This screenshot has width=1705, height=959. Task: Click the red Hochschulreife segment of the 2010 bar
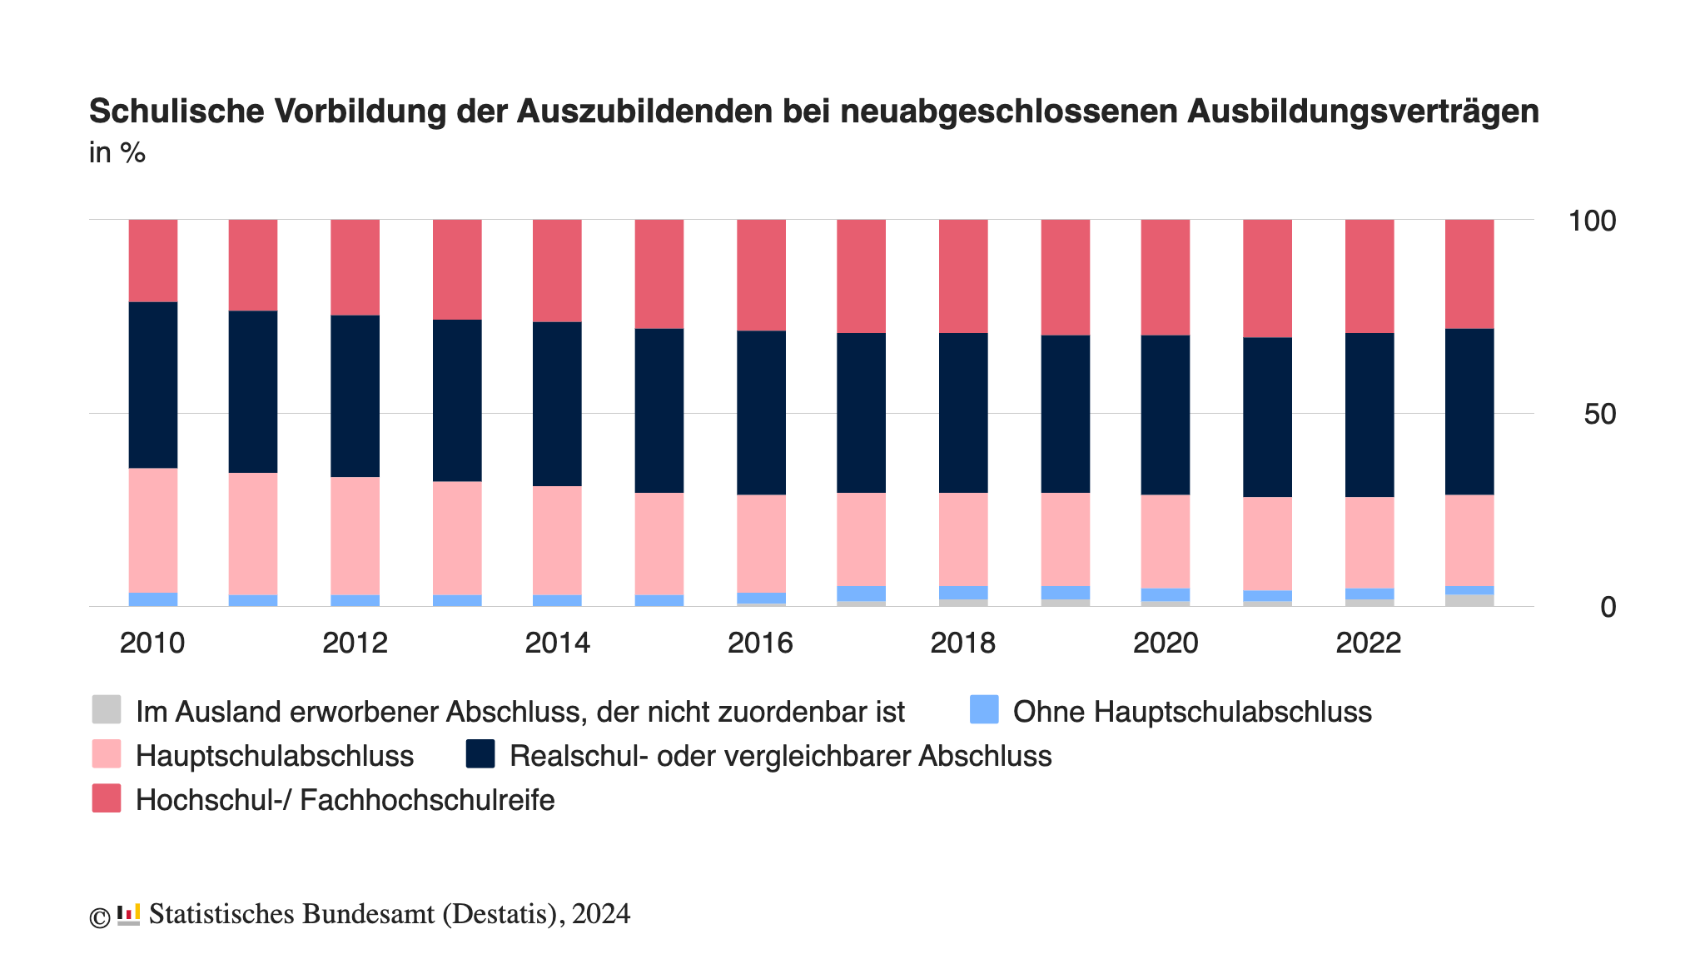click(x=153, y=260)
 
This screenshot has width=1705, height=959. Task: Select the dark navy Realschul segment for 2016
click(x=761, y=412)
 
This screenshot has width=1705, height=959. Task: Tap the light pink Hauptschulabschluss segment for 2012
click(x=355, y=535)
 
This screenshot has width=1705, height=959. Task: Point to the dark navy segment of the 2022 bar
click(x=1369, y=415)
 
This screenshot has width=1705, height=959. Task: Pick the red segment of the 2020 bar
click(x=1166, y=277)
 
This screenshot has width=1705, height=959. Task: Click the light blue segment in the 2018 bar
click(x=963, y=592)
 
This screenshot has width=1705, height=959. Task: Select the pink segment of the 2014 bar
click(x=557, y=539)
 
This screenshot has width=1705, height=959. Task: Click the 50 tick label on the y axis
click(x=1598, y=414)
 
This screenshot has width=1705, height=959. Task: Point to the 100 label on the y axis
click(x=1591, y=221)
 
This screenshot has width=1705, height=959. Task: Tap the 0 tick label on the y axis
click(x=1608, y=607)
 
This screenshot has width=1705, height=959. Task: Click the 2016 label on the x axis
click(x=760, y=643)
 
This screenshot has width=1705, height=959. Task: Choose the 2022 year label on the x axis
click(x=1369, y=643)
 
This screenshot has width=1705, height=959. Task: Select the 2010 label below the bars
click(x=152, y=643)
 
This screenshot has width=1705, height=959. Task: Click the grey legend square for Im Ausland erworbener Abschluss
click(x=107, y=710)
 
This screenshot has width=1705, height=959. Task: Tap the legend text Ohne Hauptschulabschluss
click(x=1191, y=712)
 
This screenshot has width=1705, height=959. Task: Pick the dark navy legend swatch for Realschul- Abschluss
click(x=480, y=754)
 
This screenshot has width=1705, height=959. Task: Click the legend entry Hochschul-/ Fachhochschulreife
click(x=345, y=800)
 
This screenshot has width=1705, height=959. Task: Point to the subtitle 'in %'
click(x=117, y=152)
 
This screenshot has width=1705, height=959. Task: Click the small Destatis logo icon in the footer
click(x=128, y=914)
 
